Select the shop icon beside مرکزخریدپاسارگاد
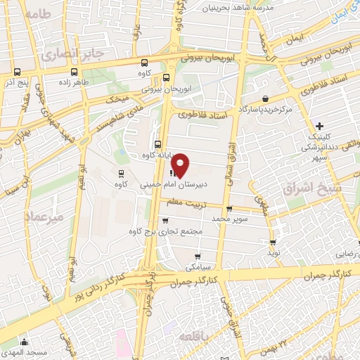pyautogui.click(x=265, y=99)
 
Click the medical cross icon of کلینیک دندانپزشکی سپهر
pyautogui.click(x=321, y=126)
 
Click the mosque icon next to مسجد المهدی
pyautogui.click(x=8, y=349)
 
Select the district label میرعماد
pyautogui.click(x=43, y=217)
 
